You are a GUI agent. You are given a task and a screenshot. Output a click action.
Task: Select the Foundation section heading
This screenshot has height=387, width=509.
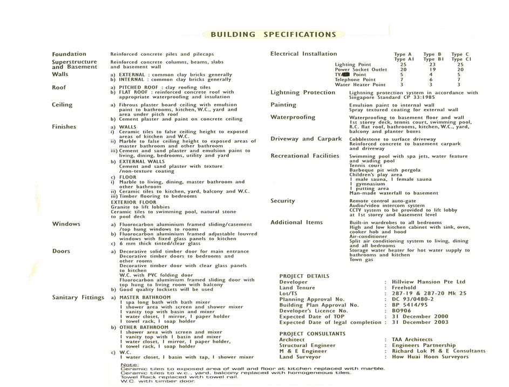pos(69,54)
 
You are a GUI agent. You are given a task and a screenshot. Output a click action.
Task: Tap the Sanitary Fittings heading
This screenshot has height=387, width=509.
pos(78,297)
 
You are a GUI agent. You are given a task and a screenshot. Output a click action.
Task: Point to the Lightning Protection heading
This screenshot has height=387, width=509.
pos(303,93)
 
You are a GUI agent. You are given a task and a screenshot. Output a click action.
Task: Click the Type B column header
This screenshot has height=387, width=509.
pos(432,55)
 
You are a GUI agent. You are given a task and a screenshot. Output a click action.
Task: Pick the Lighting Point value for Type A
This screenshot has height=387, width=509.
pos(403,65)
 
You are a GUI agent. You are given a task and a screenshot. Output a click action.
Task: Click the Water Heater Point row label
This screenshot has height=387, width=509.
pos(360,85)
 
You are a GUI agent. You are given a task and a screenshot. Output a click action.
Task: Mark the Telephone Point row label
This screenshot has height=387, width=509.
pos(355,80)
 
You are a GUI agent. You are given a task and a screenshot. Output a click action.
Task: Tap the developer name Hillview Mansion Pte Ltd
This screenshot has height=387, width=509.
pos(429,282)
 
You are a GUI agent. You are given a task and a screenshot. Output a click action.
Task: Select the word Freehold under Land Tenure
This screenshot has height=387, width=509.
pos(404,288)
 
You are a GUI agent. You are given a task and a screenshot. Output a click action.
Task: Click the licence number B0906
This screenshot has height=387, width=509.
pos(402,311)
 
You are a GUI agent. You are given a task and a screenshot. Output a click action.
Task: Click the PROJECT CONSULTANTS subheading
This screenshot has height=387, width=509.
pos(313,334)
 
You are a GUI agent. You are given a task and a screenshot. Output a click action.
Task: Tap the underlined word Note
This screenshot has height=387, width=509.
pos(130,364)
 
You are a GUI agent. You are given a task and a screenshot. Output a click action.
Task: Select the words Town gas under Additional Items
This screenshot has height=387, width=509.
pos(362,260)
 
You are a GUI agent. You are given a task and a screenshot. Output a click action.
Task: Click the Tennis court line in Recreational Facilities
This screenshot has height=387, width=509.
pos(365,166)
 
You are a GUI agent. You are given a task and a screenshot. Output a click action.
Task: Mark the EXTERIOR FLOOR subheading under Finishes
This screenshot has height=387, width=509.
pos(133,202)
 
